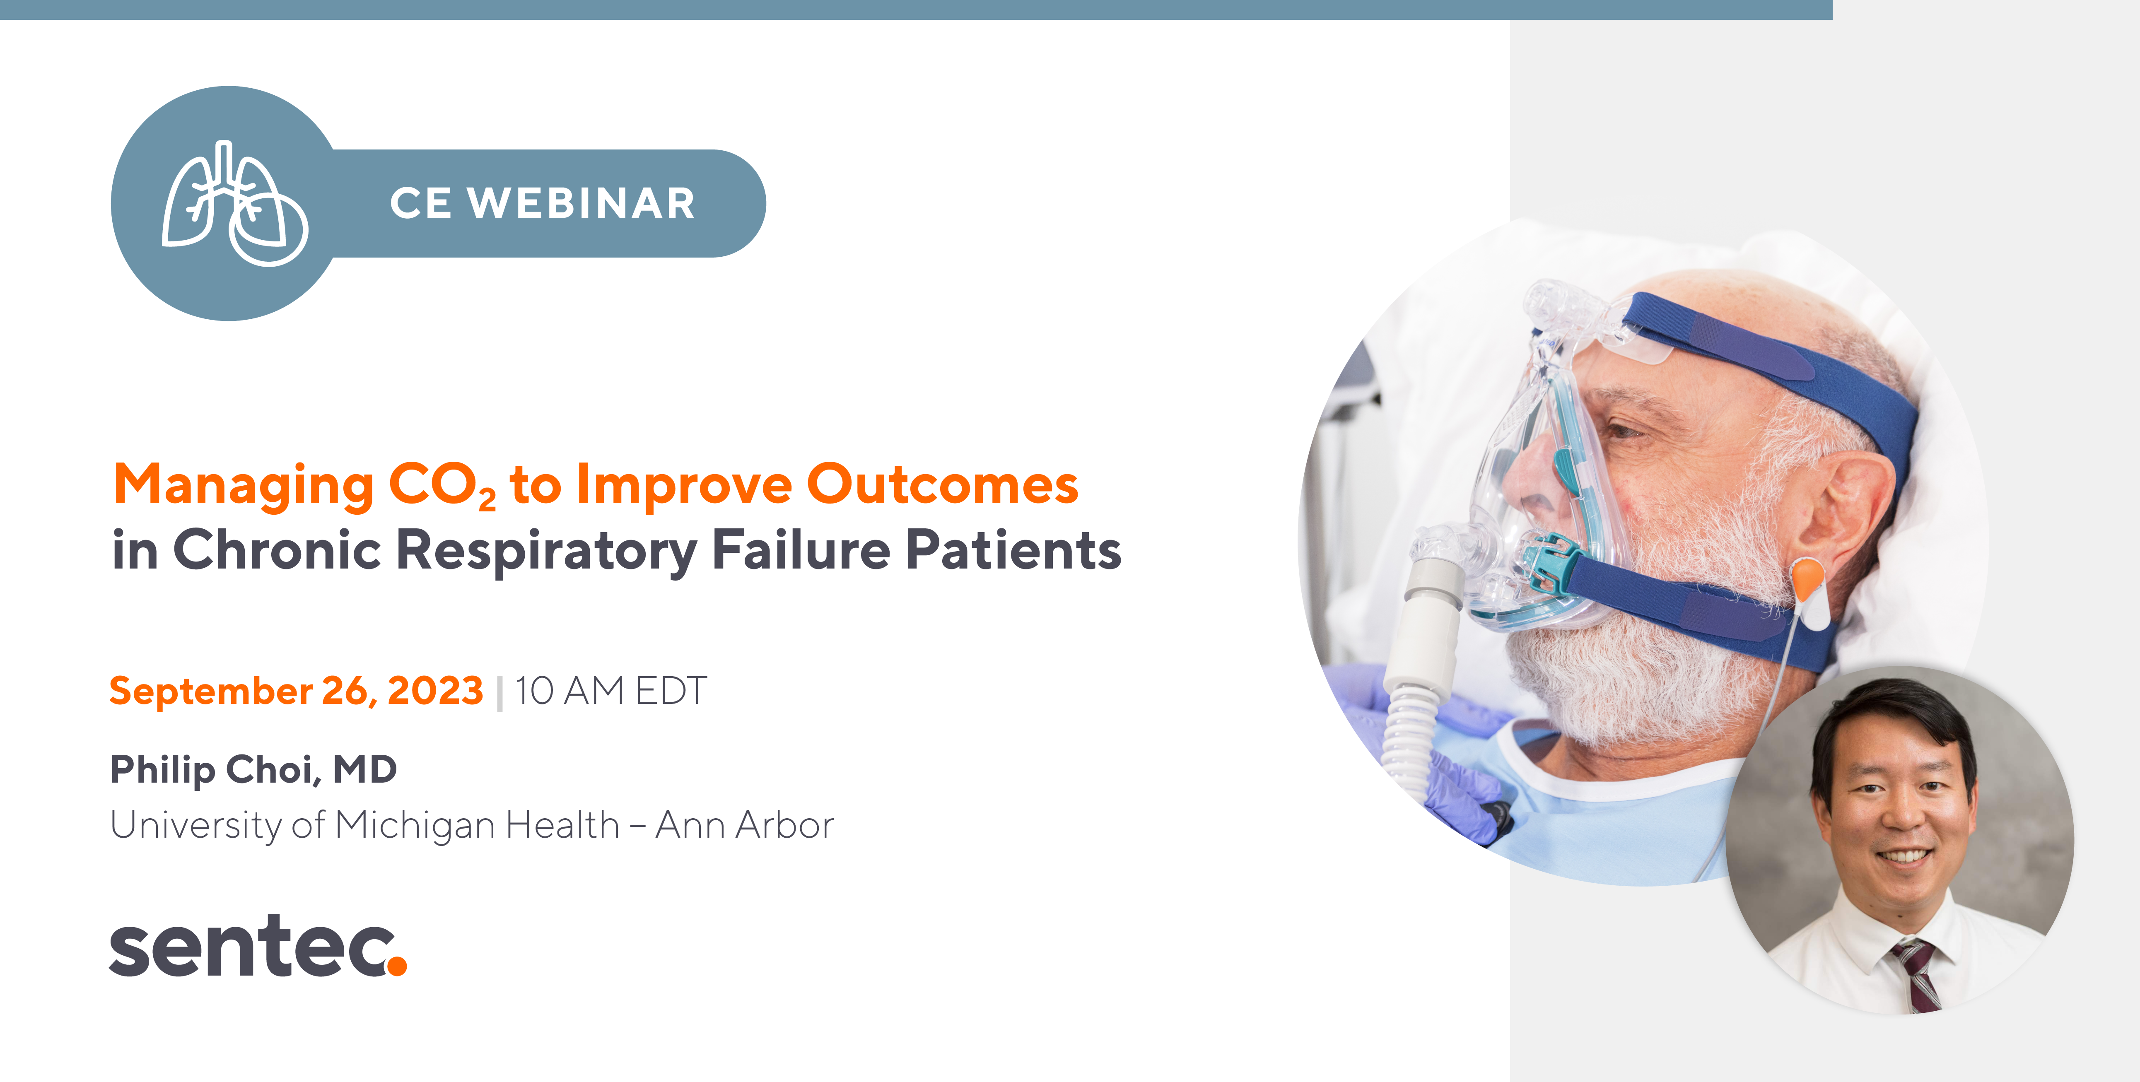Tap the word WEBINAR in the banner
click(x=581, y=203)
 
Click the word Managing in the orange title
click(x=244, y=486)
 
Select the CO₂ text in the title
click(x=442, y=486)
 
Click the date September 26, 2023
click(x=296, y=691)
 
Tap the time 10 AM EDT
click(x=610, y=691)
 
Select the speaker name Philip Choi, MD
click(x=253, y=770)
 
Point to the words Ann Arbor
click(x=744, y=825)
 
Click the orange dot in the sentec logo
click(x=397, y=965)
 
